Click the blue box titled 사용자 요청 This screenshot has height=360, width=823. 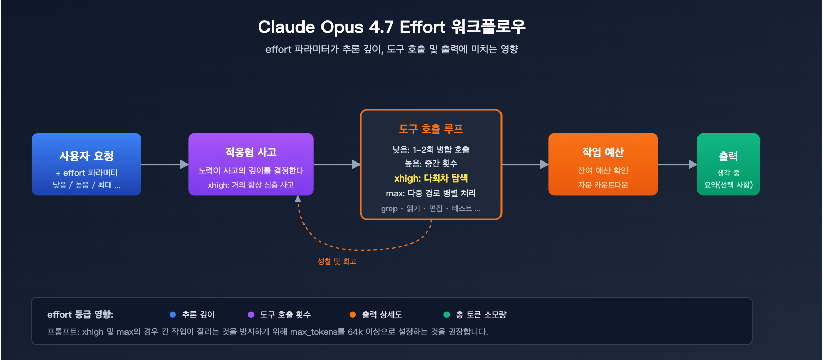(86, 165)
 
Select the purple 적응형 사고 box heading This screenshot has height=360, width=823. (251, 152)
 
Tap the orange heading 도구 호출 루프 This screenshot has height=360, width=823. (431, 129)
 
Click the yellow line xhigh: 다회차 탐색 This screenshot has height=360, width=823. (431, 178)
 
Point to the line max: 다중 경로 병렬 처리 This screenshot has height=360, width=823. (431, 193)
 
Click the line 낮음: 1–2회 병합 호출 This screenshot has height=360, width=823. (431, 150)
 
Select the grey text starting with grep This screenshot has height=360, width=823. (431, 209)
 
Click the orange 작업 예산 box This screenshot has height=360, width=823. (603, 165)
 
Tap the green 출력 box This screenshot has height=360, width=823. (728, 165)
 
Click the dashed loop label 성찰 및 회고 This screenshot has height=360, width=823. (337, 261)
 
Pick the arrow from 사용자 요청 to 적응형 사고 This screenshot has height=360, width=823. (165, 165)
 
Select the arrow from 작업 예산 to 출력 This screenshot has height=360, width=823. (677, 165)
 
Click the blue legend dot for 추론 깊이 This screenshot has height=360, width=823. (173, 315)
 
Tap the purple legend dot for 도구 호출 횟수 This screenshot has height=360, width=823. (251, 315)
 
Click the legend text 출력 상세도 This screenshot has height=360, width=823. (382, 315)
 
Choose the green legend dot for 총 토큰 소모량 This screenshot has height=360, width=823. (446, 315)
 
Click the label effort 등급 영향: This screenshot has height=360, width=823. (80, 315)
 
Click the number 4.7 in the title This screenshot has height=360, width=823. (381, 27)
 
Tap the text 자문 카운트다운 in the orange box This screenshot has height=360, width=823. (603, 185)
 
